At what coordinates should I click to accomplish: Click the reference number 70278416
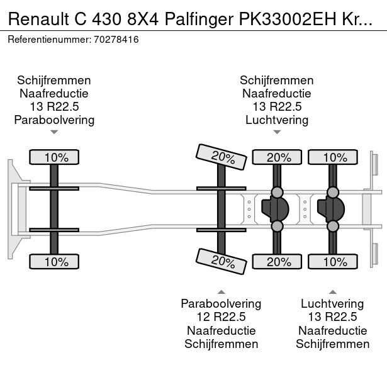tap(118, 39)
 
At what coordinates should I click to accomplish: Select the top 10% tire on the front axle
tap(54, 157)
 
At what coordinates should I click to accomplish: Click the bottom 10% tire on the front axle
tap(54, 261)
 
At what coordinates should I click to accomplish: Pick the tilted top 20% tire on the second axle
tap(221, 157)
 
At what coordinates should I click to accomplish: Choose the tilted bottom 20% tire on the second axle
tap(221, 261)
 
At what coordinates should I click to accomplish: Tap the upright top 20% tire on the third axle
tap(277, 157)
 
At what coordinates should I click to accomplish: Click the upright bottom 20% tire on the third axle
tap(277, 261)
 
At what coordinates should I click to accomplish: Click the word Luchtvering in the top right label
tap(277, 120)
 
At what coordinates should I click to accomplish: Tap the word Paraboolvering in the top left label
tap(54, 120)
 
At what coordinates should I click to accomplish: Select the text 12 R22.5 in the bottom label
tap(221, 317)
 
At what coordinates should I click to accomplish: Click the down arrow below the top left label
tap(54, 132)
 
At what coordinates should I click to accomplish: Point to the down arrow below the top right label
tap(277, 132)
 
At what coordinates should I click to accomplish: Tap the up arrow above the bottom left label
tap(221, 291)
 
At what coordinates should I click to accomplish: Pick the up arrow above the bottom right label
tap(332, 291)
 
